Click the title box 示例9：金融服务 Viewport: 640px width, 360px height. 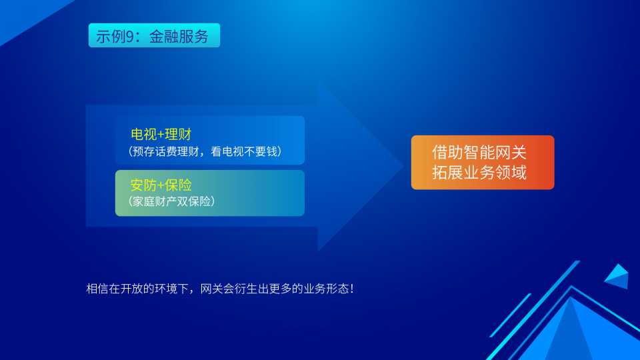point(154,35)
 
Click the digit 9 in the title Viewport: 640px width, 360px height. point(130,37)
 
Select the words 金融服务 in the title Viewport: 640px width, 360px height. point(179,37)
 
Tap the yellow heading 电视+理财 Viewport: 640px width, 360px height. point(161,134)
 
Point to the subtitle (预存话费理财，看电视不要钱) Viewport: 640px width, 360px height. point(205,151)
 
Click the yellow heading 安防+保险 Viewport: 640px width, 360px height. point(161,185)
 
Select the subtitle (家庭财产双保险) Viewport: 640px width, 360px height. point(171,201)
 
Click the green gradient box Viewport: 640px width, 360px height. point(210,193)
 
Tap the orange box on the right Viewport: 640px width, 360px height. point(483,163)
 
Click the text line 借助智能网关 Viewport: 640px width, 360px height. point(479,153)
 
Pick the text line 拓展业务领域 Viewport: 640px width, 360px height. point(479,172)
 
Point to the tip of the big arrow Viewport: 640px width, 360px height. point(404,165)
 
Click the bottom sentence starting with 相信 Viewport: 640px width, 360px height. point(220,289)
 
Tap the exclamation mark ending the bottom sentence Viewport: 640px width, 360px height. point(352,289)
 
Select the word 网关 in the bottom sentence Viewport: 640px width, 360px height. point(211,289)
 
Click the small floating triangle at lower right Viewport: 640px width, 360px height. point(618,277)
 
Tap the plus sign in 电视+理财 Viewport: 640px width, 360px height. point(161,134)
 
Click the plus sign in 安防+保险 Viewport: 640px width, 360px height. point(161,185)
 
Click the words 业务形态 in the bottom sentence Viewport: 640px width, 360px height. point(326,289)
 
